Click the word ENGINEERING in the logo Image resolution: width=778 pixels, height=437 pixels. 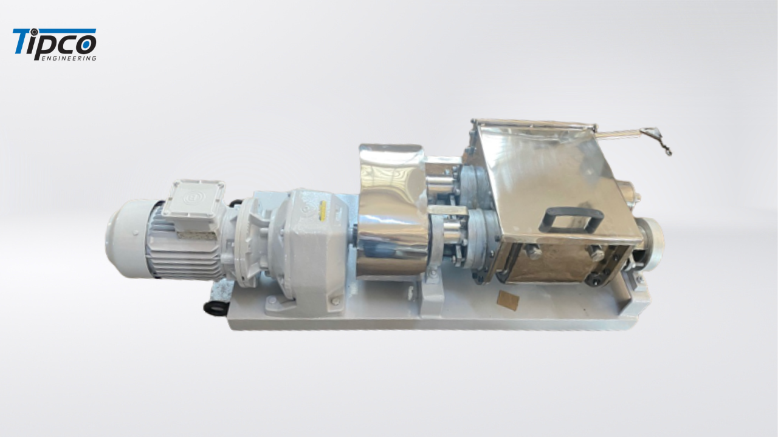click(x=69, y=58)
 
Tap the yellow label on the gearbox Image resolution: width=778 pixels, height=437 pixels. click(x=322, y=209)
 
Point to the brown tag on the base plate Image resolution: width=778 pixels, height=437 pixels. click(x=508, y=300)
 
